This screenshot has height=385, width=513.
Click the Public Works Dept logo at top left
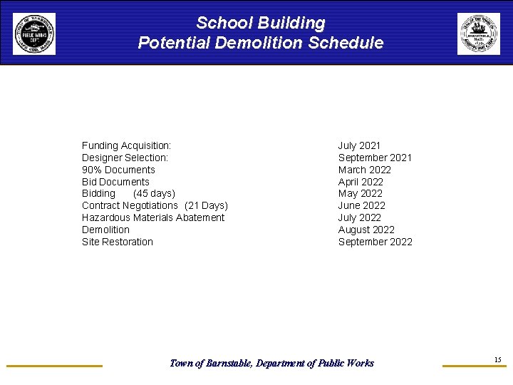pyautogui.click(x=33, y=34)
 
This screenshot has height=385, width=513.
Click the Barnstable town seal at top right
pyautogui.click(x=479, y=34)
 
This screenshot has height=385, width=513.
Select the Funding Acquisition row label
pyautogui.click(x=126, y=145)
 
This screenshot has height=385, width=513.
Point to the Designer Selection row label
pyautogui.click(x=125, y=158)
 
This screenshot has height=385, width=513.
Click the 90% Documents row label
pyautogui.click(x=118, y=170)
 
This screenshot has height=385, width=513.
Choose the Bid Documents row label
pyautogui.click(x=115, y=182)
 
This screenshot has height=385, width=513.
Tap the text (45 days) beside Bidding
pyautogui.click(x=154, y=193)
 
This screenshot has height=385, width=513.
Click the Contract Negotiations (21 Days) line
pyautogui.click(x=155, y=205)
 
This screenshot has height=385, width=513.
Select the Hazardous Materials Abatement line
pyautogui.click(x=153, y=217)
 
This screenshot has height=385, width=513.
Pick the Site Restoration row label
pyautogui.click(x=118, y=242)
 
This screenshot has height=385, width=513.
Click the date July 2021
pyautogui.click(x=359, y=145)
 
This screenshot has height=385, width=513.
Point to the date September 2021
pyautogui.click(x=375, y=158)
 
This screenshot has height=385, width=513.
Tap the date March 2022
pyautogui.click(x=364, y=170)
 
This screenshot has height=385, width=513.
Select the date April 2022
pyautogui.click(x=361, y=182)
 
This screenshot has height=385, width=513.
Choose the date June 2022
pyautogui.click(x=361, y=205)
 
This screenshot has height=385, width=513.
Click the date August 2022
pyautogui.click(x=366, y=230)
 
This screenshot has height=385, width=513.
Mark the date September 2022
pyautogui.click(x=375, y=242)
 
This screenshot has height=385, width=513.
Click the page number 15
pyautogui.click(x=497, y=359)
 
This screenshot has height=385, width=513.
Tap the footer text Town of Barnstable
pyautogui.click(x=206, y=363)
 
